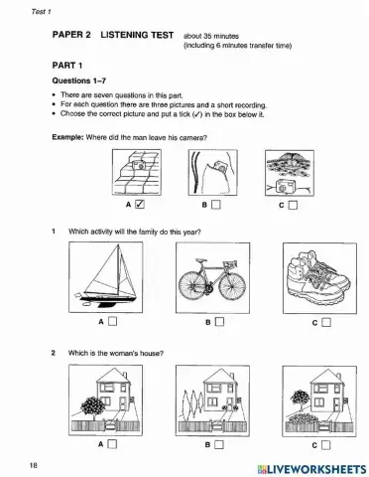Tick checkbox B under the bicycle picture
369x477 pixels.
(219, 321)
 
